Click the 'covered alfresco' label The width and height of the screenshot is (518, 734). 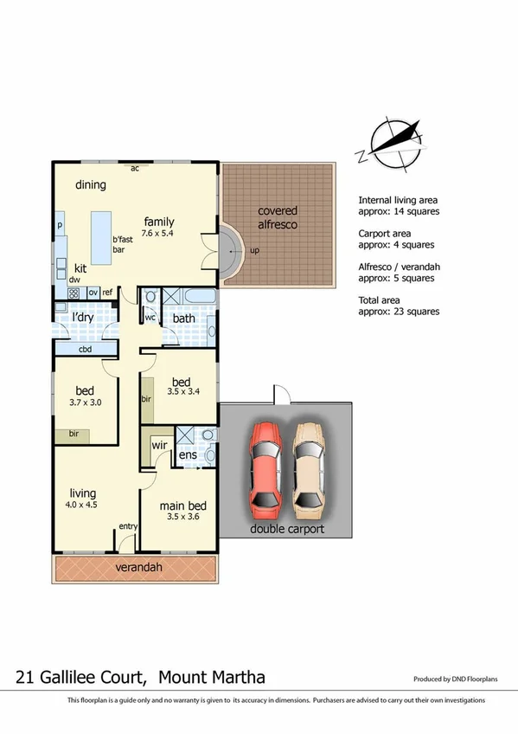tap(277, 217)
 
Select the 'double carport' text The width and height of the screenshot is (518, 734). tap(286, 529)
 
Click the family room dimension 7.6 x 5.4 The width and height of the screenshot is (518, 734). tap(159, 233)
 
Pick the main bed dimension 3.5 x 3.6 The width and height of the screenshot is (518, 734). tap(182, 517)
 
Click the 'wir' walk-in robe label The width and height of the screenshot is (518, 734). tap(159, 445)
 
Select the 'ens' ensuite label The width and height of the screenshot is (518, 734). tap(188, 454)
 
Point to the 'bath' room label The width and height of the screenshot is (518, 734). tap(183, 319)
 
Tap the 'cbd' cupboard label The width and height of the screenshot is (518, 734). tap(86, 350)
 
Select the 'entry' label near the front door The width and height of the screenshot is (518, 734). tap(128, 526)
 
